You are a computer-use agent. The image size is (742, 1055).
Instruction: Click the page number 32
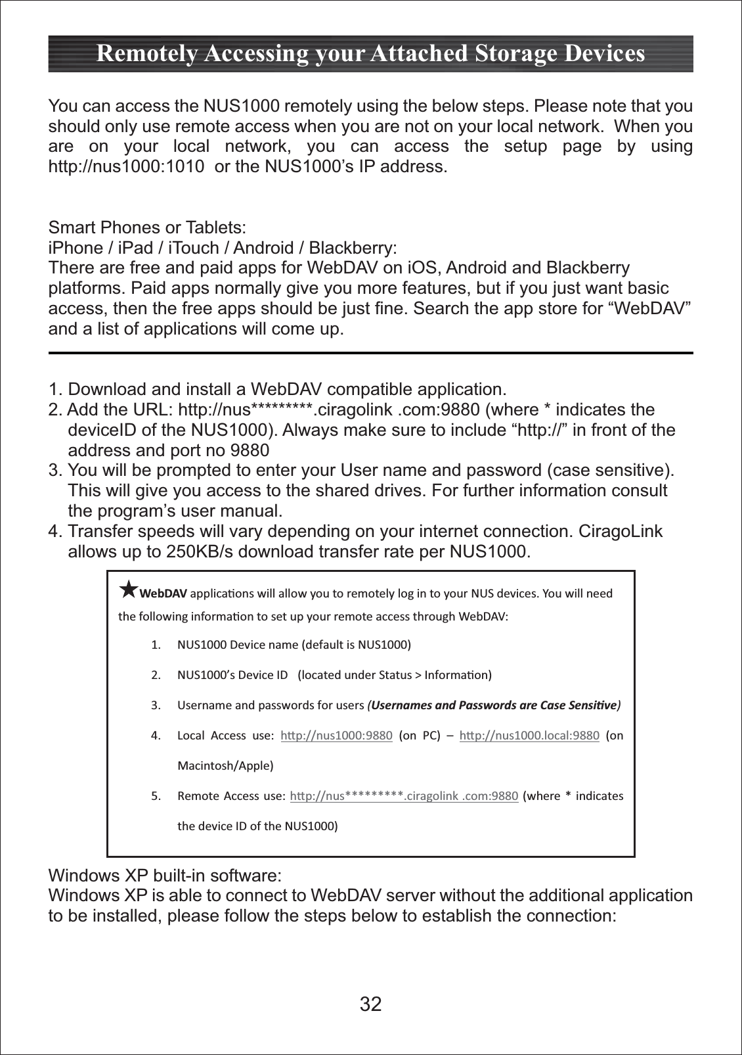click(x=370, y=1004)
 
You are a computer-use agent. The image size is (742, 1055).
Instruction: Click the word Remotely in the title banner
click(x=146, y=53)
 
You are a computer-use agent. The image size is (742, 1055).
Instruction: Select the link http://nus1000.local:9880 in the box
click(x=529, y=736)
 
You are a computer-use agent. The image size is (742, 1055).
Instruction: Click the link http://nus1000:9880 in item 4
click(x=336, y=736)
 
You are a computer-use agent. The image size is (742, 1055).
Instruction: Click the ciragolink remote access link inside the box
click(x=404, y=796)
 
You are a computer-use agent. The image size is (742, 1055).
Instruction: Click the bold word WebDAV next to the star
click(x=164, y=594)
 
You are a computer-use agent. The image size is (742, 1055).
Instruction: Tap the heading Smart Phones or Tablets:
click(x=147, y=227)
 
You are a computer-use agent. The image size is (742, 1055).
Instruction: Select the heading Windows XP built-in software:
click(x=165, y=876)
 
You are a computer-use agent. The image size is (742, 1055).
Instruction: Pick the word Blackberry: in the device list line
click(x=353, y=248)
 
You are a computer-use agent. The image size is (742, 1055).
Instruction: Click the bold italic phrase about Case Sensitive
click(x=494, y=705)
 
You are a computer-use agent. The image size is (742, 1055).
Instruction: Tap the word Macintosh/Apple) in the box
click(x=225, y=766)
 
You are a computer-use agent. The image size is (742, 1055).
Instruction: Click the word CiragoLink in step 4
click(x=620, y=531)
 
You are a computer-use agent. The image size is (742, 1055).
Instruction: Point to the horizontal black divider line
click(x=370, y=353)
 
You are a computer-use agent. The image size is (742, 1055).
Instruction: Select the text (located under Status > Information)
click(x=395, y=675)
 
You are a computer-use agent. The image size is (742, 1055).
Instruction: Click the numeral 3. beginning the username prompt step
click(x=55, y=471)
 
